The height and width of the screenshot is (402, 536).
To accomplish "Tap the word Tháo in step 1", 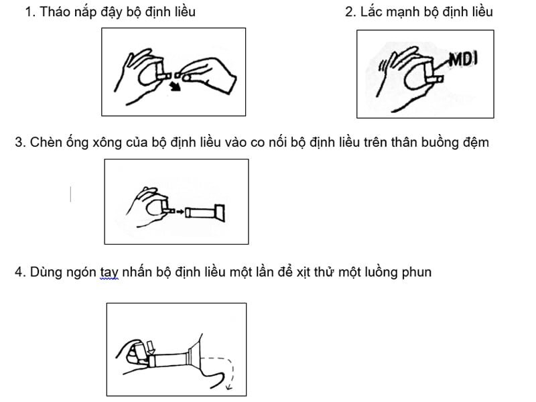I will [x=54, y=12].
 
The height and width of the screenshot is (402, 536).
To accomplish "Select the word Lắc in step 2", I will [x=372, y=12].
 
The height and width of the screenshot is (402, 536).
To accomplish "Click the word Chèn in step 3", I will [x=46, y=142].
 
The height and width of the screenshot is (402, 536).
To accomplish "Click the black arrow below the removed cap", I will [x=175, y=86].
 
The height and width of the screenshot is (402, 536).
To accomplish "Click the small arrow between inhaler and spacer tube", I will [x=179, y=212].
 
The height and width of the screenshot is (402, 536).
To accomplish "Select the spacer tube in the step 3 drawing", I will [x=204, y=212].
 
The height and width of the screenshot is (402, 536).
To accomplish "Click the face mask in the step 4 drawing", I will [x=195, y=356].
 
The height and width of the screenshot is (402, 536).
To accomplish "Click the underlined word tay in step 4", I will [x=109, y=272].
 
